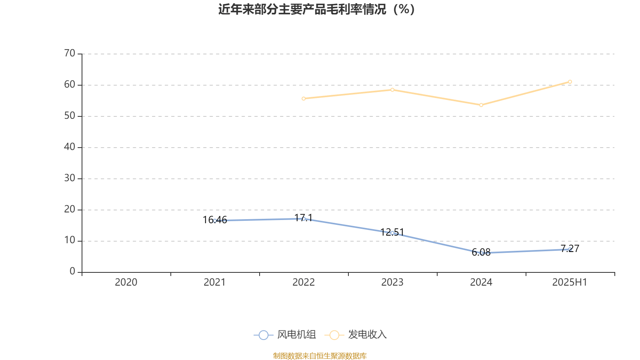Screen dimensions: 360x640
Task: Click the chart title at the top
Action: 316,9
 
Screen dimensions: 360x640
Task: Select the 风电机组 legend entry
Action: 285,335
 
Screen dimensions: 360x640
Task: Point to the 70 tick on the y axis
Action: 70,54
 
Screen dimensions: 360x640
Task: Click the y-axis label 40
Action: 70,147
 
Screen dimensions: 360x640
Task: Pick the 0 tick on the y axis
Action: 72,271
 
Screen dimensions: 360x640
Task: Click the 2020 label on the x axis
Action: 126,282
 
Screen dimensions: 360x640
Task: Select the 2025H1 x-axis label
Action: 569,282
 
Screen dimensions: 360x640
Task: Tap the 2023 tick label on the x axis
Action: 392,282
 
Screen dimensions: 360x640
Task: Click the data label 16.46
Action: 215,220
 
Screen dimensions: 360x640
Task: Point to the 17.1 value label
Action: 304,218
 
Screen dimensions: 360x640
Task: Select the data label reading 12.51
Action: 392,232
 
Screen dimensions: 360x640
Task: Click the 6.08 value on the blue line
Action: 481,252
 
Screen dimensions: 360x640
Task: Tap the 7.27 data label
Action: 570,248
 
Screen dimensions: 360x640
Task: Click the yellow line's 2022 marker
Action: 304,98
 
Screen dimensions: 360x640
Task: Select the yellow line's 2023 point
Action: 392,90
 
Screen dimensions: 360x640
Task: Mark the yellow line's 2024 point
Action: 481,105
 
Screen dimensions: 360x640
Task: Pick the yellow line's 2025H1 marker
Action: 570,82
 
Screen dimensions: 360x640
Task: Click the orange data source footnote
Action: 320,356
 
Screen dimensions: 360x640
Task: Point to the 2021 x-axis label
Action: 215,282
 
